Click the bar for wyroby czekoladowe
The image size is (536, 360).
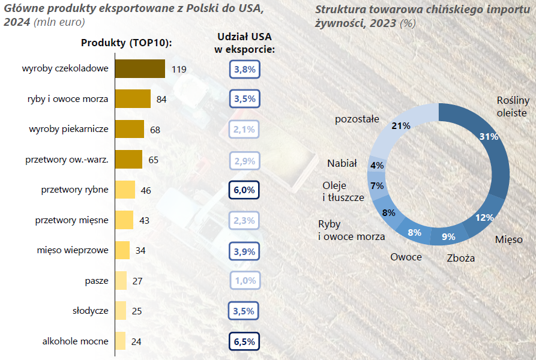click(x=140, y=68)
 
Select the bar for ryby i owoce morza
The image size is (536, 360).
click(x=133, y=99)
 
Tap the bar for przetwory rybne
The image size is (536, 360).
click(x=125, y=190)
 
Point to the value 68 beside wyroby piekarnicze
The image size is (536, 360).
click(x=155, y=130)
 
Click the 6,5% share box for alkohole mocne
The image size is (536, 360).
click(x=244, y=341)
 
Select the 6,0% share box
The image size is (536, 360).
click(x=244, y=190)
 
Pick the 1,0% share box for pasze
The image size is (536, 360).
click(x=245, y=280)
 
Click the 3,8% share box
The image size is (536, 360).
click(x=245, y=70)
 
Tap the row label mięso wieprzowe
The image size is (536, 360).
click(x=73, y=250)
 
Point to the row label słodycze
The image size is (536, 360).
click(x=91, y=311)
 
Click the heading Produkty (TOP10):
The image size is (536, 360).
click(x=127, y=43)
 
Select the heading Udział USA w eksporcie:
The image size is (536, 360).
click(x=245, y=43)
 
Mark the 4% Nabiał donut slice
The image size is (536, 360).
click(x=377, y=165)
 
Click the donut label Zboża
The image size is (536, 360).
click(x=461, y=258)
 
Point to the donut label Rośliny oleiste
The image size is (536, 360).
click(x=513, y=107)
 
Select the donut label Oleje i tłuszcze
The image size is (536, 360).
click(x=343, y=191)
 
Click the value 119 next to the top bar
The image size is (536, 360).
click(x=179, y=70)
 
